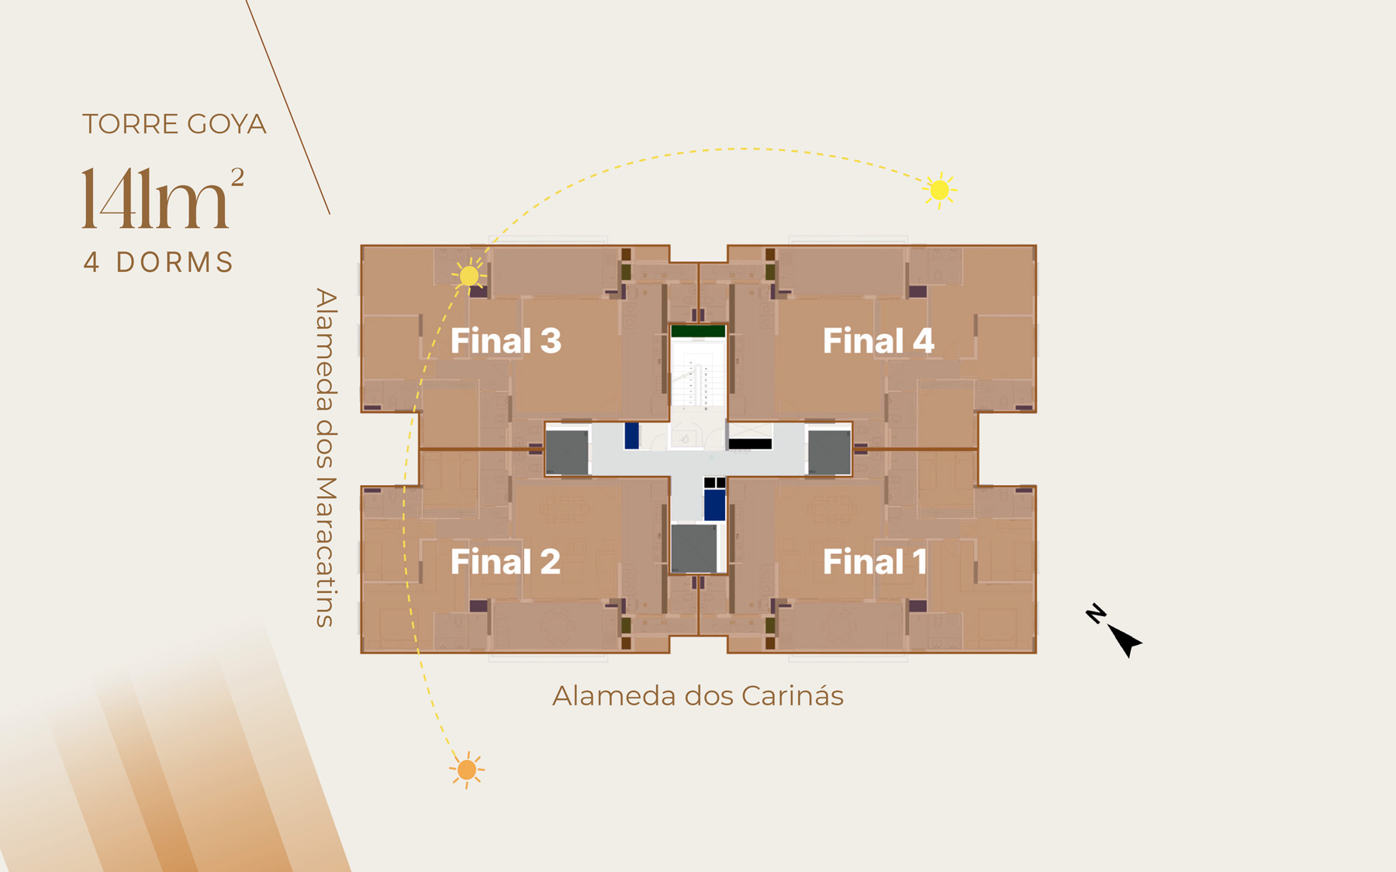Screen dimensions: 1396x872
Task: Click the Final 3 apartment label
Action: pos(506,341)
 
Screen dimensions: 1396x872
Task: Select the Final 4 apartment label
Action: pos(878,341)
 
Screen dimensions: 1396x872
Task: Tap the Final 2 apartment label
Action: pos(506,562)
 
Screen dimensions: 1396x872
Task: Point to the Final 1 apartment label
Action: pos(875,562)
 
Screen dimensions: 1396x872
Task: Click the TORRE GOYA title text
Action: pos(174,124)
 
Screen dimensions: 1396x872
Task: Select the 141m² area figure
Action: pos(163,198)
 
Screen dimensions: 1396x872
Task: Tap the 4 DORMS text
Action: pos(159,262)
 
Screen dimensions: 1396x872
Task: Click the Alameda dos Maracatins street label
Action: pos(326,457)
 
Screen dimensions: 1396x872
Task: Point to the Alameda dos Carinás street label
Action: pos(698,696)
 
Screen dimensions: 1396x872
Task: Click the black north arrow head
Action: pos(1125,640)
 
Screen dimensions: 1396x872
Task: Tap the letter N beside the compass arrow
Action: pos(1096,614)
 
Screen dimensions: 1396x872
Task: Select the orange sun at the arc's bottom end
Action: pos(466,770)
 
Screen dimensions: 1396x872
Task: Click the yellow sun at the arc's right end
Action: pos(940,190)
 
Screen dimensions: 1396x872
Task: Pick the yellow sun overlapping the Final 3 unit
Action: pos(469,275)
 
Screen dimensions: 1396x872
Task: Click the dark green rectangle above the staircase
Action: pos(698,332)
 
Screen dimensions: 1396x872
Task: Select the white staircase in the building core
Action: pos(698,374)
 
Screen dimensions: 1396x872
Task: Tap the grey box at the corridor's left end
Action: pos(567,452)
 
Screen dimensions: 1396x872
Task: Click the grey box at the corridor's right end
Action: pos(829,452)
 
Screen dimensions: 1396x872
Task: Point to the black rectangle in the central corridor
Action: pos(750,444)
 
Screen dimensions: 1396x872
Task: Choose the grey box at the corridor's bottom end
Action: pos(694,549)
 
